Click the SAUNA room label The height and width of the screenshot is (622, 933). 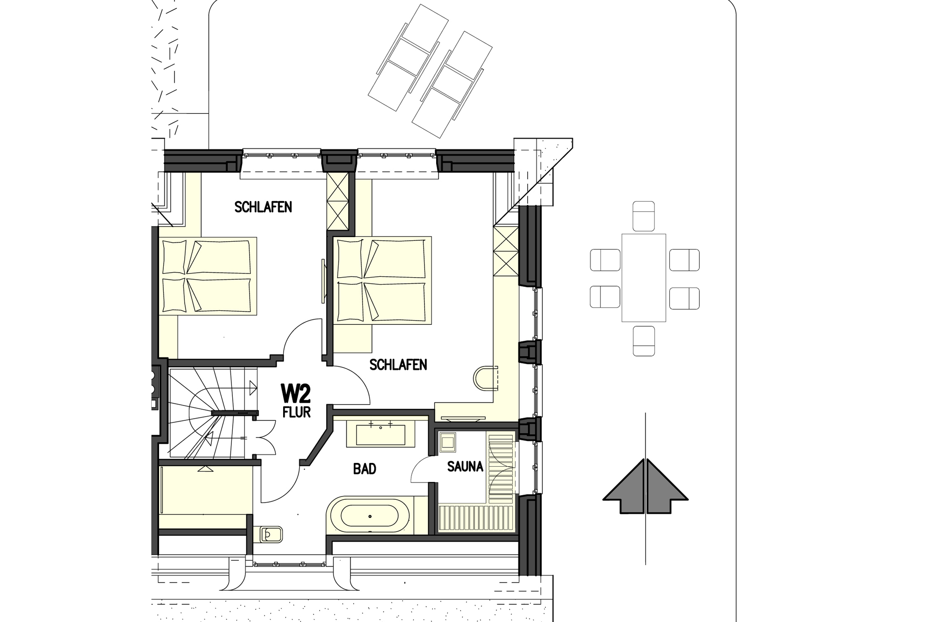coord(465,467)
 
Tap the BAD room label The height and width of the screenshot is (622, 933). coord(364,469)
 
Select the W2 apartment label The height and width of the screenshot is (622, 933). coord(295,393)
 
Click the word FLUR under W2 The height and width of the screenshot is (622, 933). coord(296,412)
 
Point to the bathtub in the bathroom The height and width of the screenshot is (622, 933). coord(369,517)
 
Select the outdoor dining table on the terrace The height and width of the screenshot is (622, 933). coord(643,278)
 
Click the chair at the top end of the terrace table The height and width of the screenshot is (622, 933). coord(643,216)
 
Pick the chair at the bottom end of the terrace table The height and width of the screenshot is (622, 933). coord(644,341)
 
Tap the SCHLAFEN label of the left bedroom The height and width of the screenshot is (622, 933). coord(263,207)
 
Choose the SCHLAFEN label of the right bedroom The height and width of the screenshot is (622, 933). coord(398,364)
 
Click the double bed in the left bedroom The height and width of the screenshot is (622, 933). coord(208,276)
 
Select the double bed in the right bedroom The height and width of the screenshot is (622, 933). coord(382,279)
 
